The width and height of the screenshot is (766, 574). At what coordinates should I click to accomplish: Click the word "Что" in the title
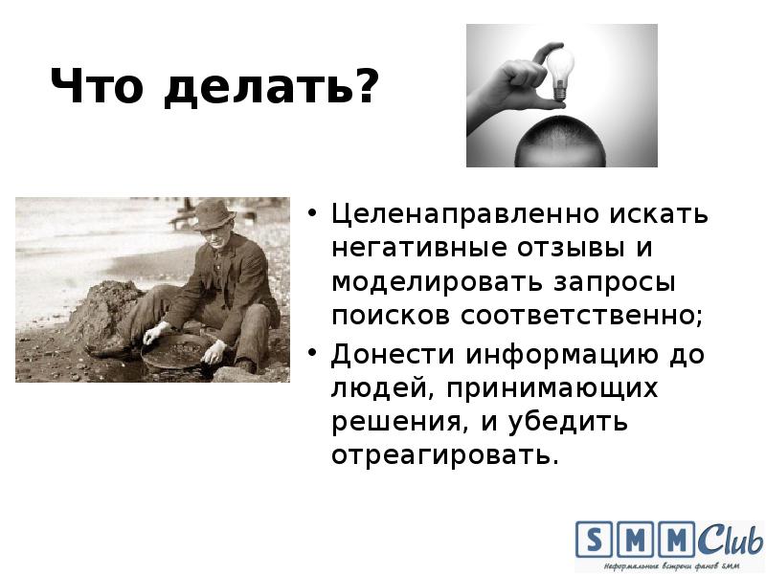click(98, 89)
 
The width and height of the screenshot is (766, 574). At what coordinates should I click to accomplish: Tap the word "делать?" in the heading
click(271, 89)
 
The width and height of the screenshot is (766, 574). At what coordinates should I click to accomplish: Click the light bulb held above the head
click(560, 71)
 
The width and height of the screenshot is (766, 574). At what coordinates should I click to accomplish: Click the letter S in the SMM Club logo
click(594, 540)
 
